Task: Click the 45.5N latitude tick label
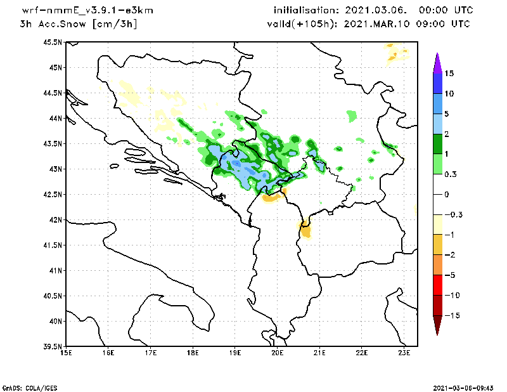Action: tap(53, 42)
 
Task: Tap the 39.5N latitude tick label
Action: tap(53, 347)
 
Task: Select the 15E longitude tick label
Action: tap(65, 353)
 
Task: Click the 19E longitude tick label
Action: tap(235, 353)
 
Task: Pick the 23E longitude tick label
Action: tap(404, 353)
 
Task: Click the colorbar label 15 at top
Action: tap(449, 74)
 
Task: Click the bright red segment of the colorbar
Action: tap(437, 285)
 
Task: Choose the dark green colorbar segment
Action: tap(437, 143)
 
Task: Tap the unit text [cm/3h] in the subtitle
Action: tap(115, 23)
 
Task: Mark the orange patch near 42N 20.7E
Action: tap(306, 229)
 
